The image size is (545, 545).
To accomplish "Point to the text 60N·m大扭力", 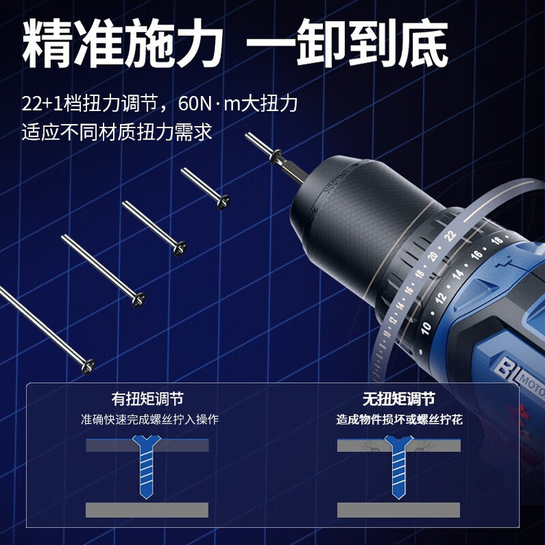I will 238,104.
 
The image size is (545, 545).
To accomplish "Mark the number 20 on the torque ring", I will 432,257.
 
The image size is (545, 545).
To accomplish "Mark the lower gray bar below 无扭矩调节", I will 399,510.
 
